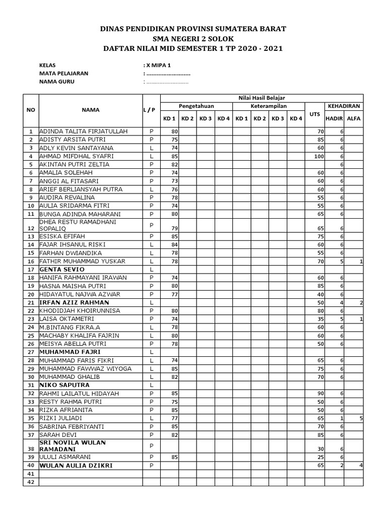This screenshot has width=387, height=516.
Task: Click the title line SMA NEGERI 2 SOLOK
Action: click(193, 39)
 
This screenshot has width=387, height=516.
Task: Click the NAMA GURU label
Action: click(56, 82)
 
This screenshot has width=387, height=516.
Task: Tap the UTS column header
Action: click(314, 114)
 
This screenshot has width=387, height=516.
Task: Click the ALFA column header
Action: click(354, 118)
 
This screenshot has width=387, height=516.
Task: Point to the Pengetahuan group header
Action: click(197, 106)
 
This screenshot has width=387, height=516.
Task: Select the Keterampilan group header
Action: click(269, 106)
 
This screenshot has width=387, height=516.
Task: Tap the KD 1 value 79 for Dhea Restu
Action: click(175, 228)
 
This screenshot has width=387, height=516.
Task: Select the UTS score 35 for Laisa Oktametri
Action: click(319, 319)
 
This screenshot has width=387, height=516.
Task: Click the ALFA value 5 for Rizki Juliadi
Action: click(361, 418)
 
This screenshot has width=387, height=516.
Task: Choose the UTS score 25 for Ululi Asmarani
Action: click(319, 457)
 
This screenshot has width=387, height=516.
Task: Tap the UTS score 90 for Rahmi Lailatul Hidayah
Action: click(319, 394)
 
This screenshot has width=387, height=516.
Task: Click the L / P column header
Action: click(151, 110)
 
